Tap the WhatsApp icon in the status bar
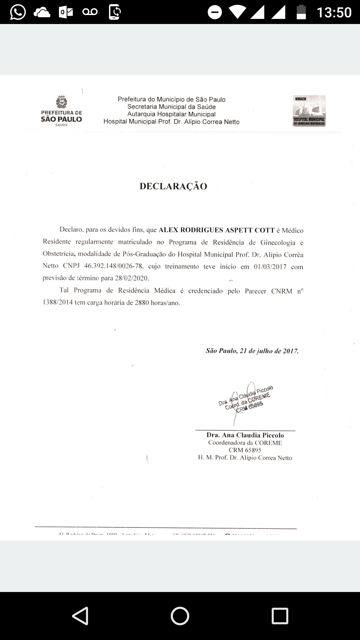point(18,12)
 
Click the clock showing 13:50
point(334,12)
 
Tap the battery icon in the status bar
point(301,12)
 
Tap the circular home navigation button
point(180,616)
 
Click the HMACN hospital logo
point(309,111)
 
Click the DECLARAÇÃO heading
point(173,186)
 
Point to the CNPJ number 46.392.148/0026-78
point(114,266)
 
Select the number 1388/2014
point(58,303)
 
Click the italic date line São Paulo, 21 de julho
point(252,351)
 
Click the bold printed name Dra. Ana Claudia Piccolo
point(245,435)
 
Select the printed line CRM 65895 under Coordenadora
point(245,450)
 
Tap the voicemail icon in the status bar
point(90,12)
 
